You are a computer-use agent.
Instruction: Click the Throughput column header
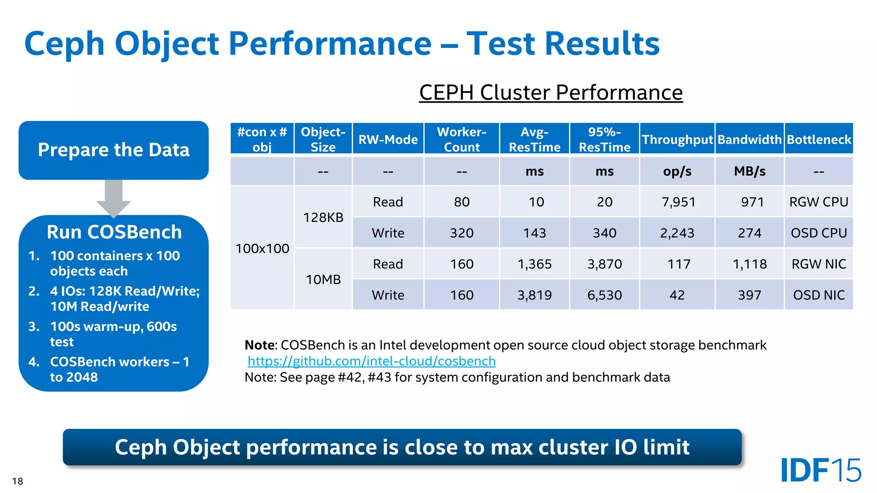tap(677, 140)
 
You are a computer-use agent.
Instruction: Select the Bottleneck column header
tap(818, 140)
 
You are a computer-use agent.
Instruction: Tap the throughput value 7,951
tap(678, 202)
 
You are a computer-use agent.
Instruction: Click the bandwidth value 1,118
tap(749, 264)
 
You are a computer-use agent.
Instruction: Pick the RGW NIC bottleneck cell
tap(818, 264)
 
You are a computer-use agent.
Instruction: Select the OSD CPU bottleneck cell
tap(818, 233)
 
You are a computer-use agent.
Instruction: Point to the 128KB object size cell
tap(323, 217)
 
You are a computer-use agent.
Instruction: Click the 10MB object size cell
tap(323, 279)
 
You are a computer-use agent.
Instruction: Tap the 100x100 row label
tap(262, 248)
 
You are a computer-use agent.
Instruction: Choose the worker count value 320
tap(462, 233)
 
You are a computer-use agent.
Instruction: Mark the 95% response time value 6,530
tap(604, 295)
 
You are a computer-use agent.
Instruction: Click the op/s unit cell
tap(677, 171)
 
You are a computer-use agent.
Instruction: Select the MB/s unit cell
tap(749, 171)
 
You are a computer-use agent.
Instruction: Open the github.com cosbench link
tap(371, 361)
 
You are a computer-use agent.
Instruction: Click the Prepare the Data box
tap(113, 150)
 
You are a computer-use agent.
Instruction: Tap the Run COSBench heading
tap(114, 232)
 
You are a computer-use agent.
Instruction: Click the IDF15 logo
tap(820, 470)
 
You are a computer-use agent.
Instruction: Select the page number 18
tap(18, 481)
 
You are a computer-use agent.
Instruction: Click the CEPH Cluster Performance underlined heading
tap(551, 92)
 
